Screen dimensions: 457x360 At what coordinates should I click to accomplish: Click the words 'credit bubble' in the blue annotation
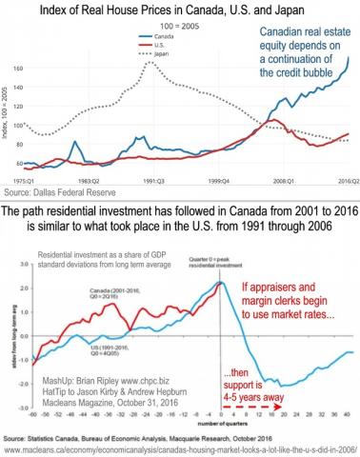point(303,75)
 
